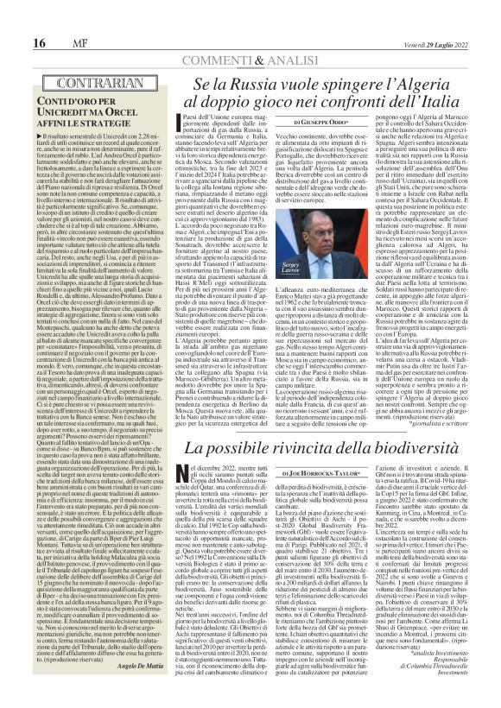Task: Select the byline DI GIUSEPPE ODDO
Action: [x=324, y=121]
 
